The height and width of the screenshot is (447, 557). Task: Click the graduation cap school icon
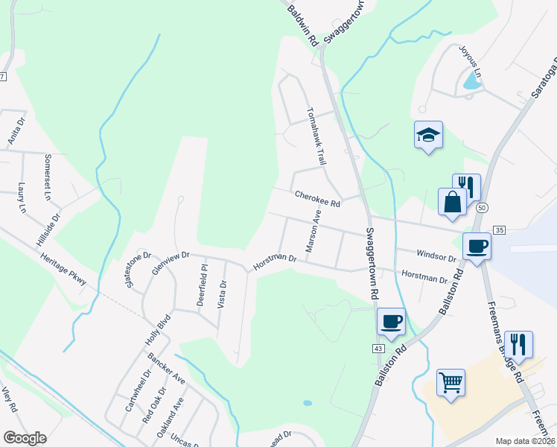coord(428,135)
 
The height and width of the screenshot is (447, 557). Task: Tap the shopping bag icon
coord(453,201)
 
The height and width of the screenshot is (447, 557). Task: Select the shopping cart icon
coord(450,383)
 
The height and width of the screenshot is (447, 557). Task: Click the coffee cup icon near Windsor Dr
coord(477,246)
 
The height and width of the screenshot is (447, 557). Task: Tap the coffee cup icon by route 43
coord(391,322)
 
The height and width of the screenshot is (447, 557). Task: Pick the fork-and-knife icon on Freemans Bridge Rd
coord(518,344)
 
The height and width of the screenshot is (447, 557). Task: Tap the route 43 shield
coord(378,348)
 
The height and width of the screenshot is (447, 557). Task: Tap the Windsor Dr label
coord(436,256)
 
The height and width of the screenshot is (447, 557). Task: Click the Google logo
coord(25,438)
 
